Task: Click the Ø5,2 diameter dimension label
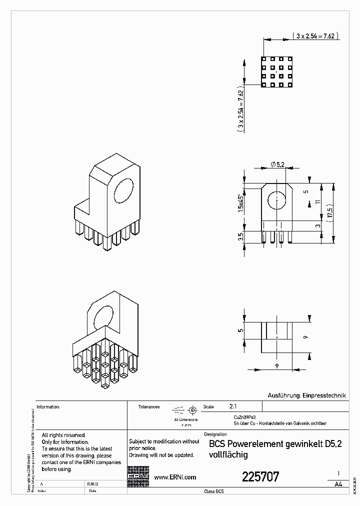(278, 164)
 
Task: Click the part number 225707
(260, 476)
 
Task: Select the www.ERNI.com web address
(174, 477)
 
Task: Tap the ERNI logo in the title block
(138, 477)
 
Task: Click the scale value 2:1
(233, 406)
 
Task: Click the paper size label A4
(338, 484)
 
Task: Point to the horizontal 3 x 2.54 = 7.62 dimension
(315, 35)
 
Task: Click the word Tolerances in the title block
(149, 407)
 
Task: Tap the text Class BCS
(214, 491)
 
